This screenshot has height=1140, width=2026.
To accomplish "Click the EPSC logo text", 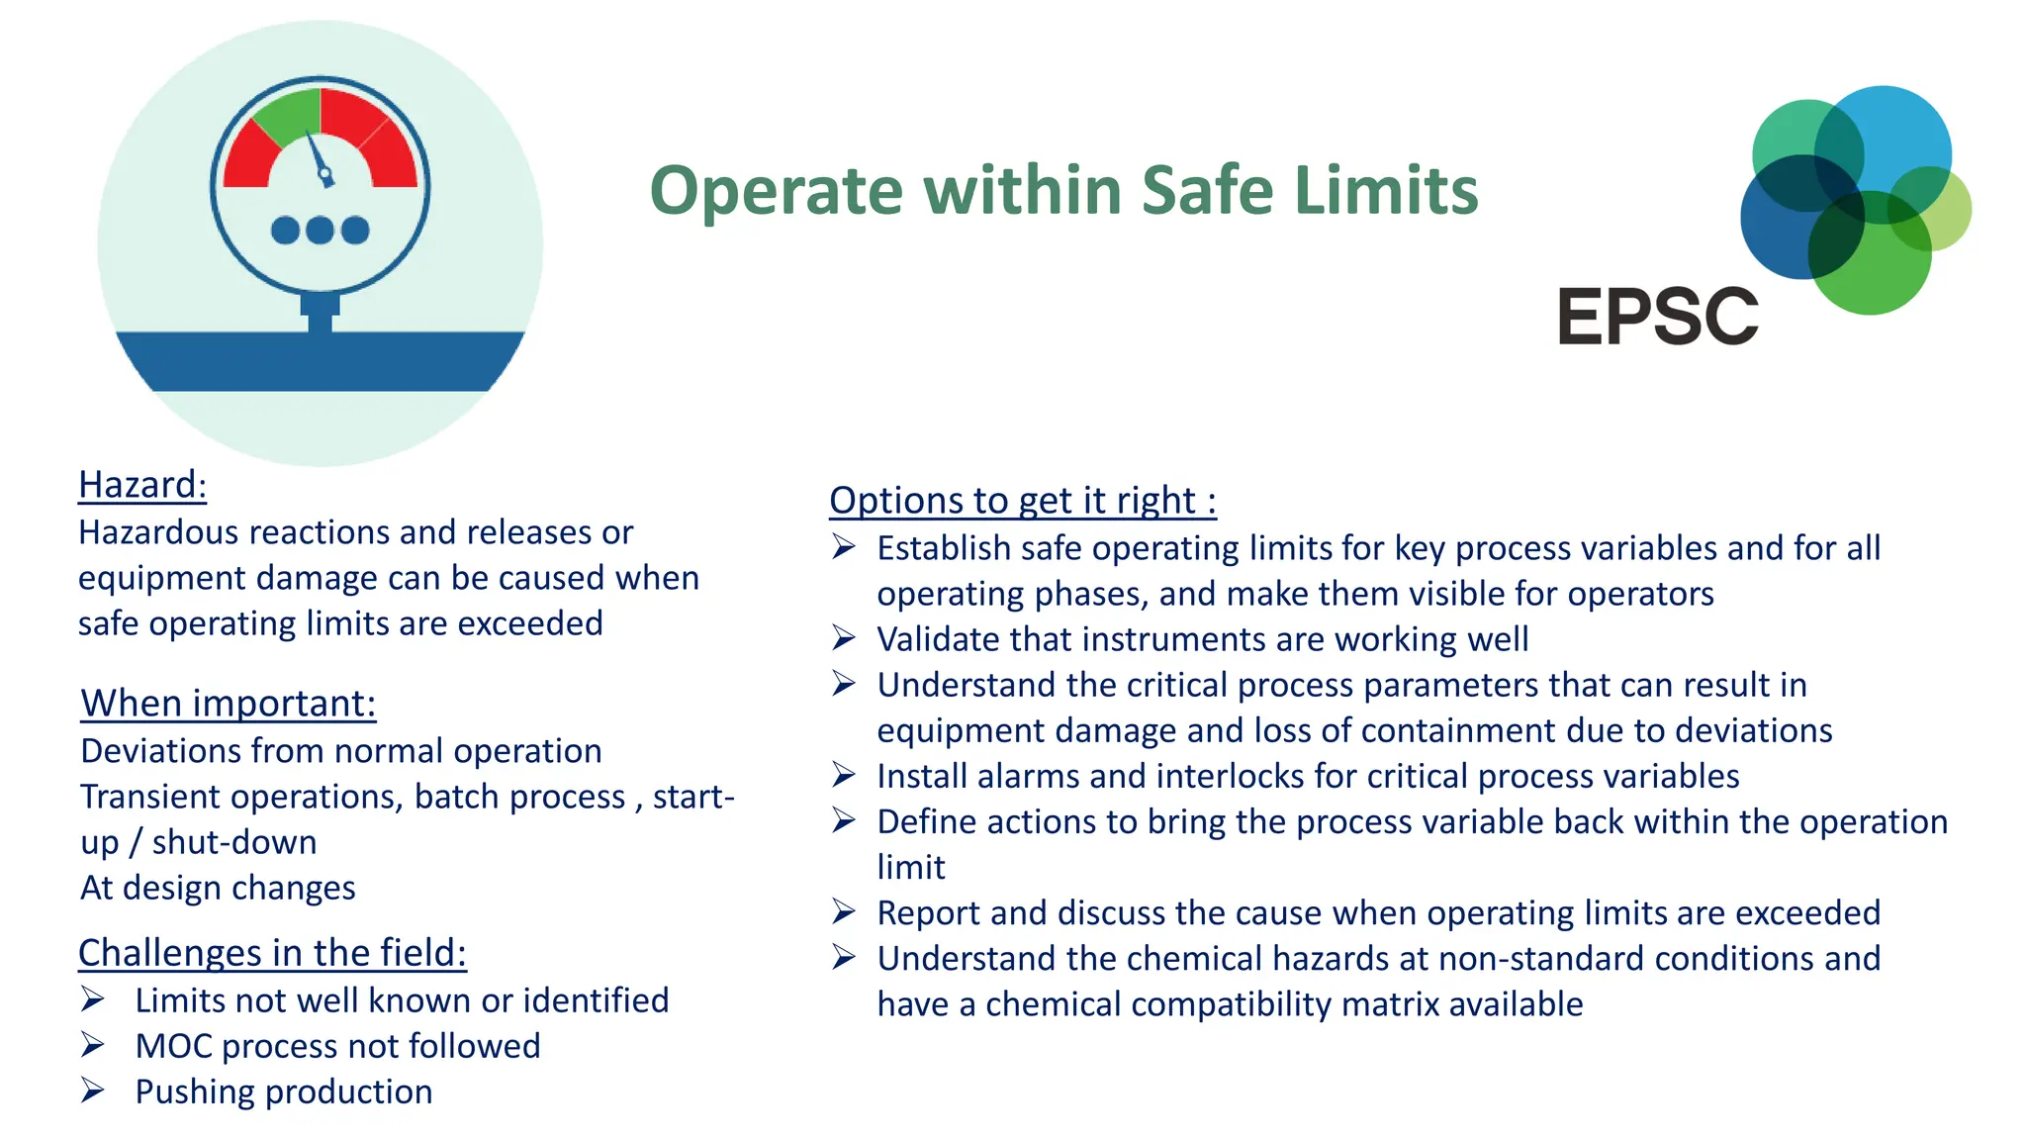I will pyautogui.click(x=1657, y=317).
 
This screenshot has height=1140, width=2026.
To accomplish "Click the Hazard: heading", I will pyautogui.click(x=142, y=485).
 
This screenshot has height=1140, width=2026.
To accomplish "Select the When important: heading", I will pyautogui.click(x=229, y=704).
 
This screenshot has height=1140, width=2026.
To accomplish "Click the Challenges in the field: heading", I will pyautogui.click(x=272, y=953).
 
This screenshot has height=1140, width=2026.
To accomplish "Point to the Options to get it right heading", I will pyautogui.click(x=1022, y=501).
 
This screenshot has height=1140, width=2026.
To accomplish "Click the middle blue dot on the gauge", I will pyautogui.click(x=320, y=231).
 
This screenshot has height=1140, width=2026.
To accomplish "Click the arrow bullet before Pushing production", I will pyautogui.click(x=93, y=1091).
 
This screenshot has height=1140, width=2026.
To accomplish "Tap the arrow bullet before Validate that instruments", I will pyautogui.click(x=844, y=638).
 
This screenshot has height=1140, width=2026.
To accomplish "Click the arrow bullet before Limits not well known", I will pyautogui.click(x=93, y=999).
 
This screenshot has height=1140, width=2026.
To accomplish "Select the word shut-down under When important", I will pyautogui.click(x=234, y=842).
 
